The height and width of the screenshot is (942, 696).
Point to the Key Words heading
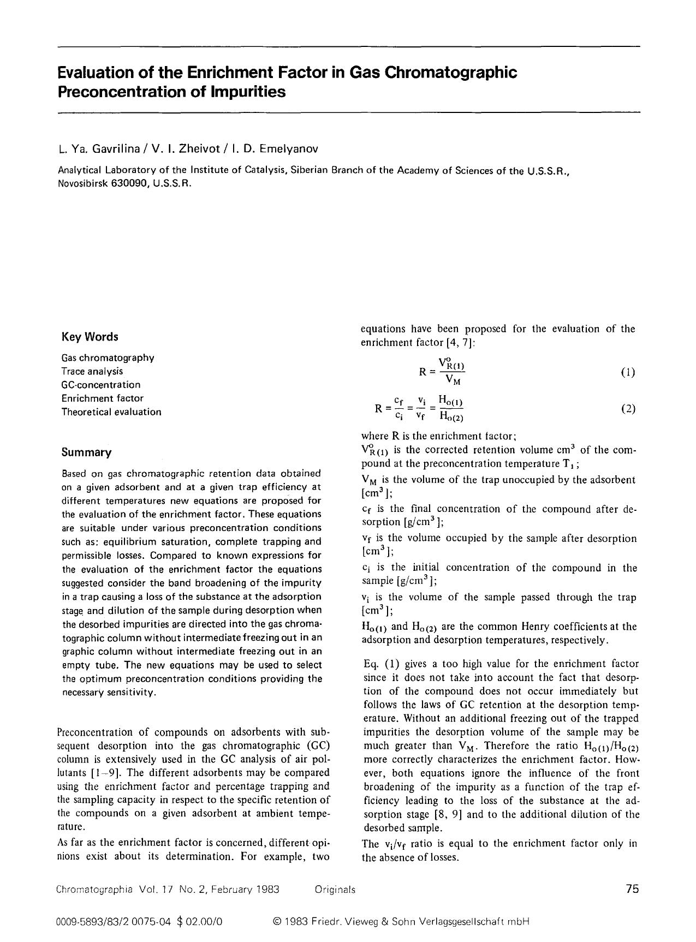click(x=90, y=337)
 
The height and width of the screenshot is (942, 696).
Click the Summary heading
click(x=86, y=452)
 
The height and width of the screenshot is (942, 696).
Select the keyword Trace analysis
click(x=92, y=371)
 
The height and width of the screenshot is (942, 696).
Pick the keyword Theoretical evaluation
click(x=111, y=412)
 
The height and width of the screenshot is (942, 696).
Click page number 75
click(x=632, y=889)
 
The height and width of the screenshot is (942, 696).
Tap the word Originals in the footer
click(x=335, y=890)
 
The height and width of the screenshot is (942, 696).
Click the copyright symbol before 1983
click(x=276, y=922)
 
